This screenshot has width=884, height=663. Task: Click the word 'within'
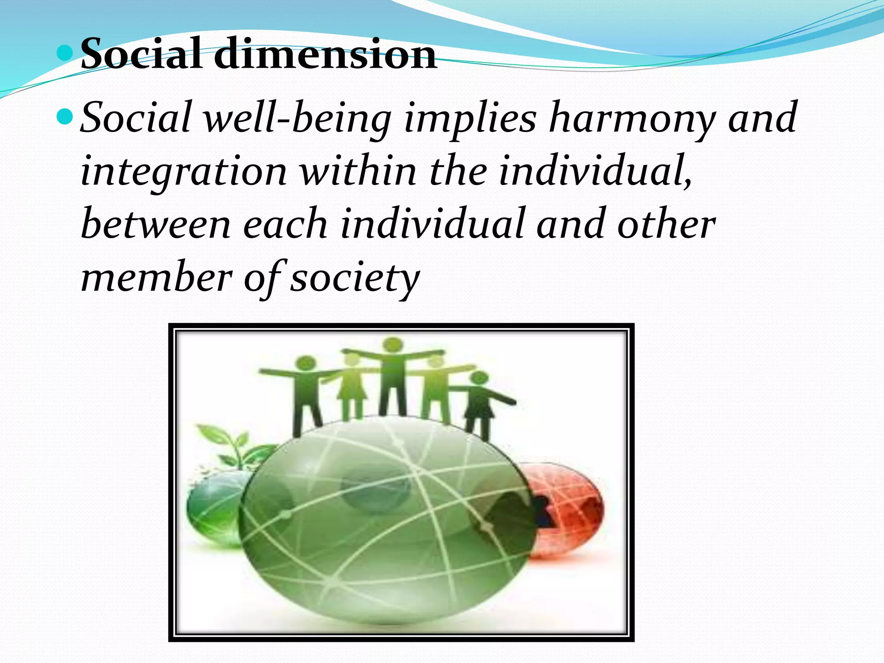pos(358,170)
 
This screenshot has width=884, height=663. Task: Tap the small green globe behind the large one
pos(212,509)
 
